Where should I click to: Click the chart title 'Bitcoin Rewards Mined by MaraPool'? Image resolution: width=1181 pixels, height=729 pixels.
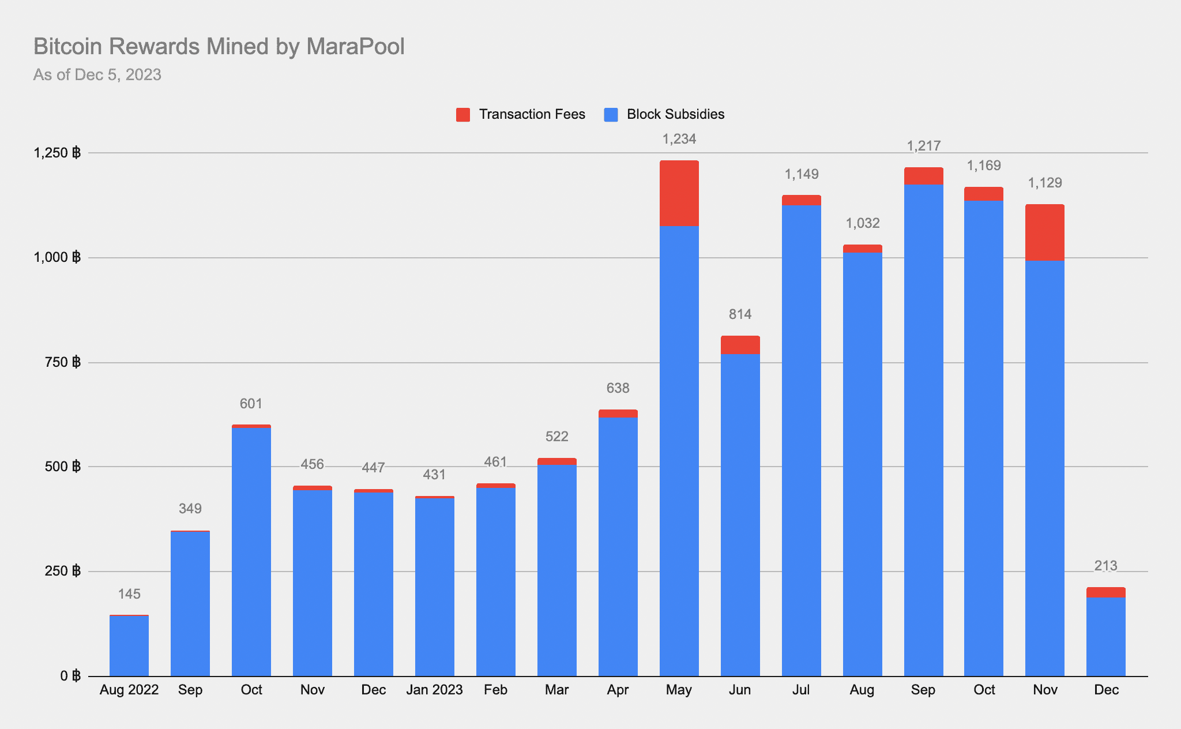click(219, 47)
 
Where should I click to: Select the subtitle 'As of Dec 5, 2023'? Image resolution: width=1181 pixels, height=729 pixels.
click(97, 75)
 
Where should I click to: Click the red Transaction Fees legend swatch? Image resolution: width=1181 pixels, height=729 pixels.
click(463, 115)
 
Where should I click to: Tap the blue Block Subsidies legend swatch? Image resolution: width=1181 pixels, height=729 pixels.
click(611, 115)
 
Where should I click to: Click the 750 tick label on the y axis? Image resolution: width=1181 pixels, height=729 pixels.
click(64, 362)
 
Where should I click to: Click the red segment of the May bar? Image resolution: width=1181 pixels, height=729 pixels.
click(679, 193)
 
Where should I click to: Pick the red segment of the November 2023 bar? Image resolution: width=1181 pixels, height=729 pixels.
click(1045, 232)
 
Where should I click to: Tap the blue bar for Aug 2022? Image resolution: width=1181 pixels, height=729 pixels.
click(129, 646)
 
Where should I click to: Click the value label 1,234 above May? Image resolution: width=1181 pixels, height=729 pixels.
click(679, 139)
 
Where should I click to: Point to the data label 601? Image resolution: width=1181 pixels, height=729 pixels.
click(251, 404)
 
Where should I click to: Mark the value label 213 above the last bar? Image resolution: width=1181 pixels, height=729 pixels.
click(1106, 566)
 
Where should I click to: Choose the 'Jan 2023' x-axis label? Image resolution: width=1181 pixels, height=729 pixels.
click(434, 690)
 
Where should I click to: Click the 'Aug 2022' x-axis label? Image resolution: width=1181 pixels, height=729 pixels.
click(129, 690)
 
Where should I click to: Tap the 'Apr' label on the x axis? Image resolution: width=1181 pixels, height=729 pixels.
click(618, 690)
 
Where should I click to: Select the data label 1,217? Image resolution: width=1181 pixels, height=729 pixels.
click(924, 146)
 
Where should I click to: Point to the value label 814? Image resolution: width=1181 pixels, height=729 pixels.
click(740, 314)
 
